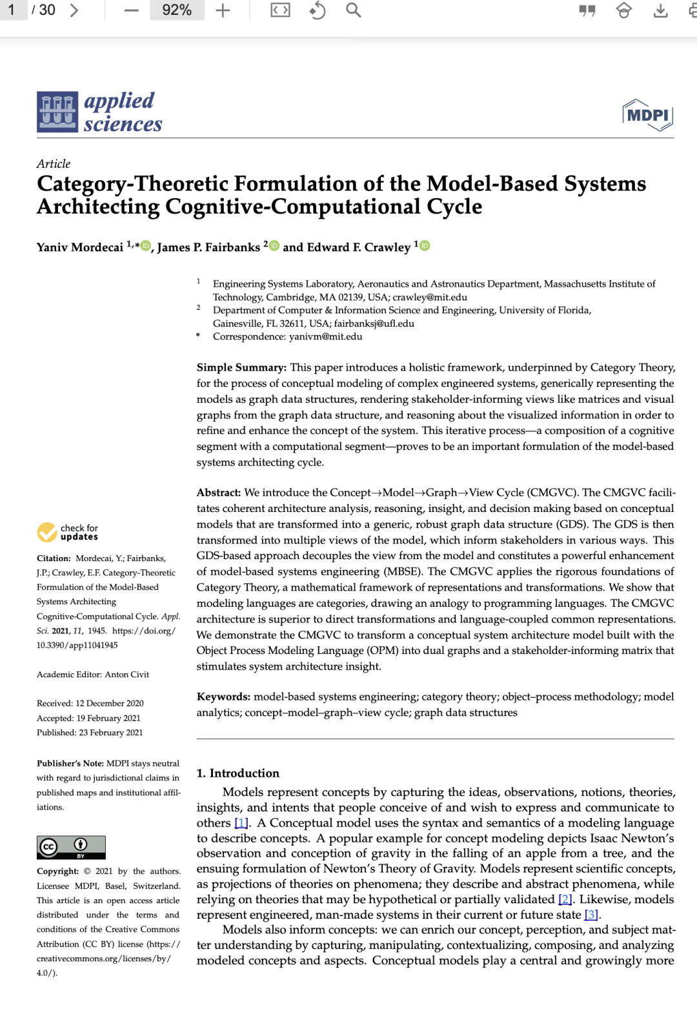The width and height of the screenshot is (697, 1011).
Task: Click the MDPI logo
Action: click(x=648, y=115)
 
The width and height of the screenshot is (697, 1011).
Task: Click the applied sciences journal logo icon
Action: click(x=57, y=112)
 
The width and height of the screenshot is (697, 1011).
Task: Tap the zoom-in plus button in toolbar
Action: click(x=223, y=10)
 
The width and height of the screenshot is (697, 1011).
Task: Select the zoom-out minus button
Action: click(x=132, y=10)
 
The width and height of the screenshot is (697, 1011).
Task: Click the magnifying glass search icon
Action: click(x=353, y=10)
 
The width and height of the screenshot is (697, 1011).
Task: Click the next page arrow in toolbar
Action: click(x=74, y=10)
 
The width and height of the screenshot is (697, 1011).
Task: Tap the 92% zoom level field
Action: click(x=176, y=10)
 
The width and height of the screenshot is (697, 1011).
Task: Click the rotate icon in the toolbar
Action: click(x=317, y=10)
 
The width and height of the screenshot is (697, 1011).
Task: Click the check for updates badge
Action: click(x=68, y=532)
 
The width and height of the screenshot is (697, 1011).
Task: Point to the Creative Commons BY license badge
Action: click(x=71, y=847)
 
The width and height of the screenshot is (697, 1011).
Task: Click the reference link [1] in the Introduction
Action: click(x=241, y=823)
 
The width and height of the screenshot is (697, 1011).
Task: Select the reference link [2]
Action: click(x=565, y=899)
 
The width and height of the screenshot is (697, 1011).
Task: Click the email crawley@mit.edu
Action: click(x=430, y=297)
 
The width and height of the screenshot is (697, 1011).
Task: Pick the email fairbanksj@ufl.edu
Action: click(x=374, y=323)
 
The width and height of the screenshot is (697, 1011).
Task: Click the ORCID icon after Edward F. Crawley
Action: click(x=425, y=245)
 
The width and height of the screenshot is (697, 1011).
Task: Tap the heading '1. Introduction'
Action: click(x=238, y=773)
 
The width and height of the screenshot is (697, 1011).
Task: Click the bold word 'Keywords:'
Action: click(x=223, y=697)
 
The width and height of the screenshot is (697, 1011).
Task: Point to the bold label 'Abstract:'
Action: click(x=219, y=493)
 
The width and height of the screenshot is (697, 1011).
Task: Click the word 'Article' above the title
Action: click(x=54, y=164)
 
